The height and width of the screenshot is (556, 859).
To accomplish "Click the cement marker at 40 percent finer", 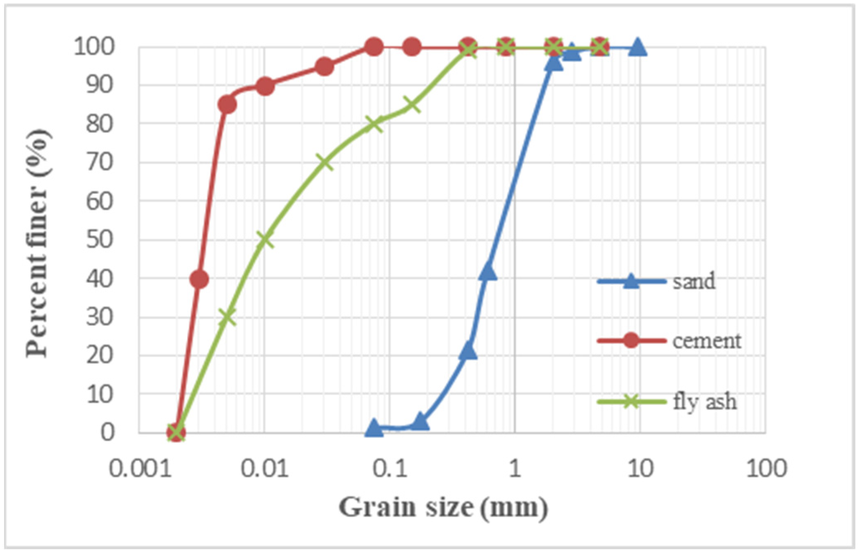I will [199, 279].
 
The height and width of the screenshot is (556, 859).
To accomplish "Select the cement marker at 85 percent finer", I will [227, 104].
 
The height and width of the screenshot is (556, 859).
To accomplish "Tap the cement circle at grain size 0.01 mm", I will [265, 86].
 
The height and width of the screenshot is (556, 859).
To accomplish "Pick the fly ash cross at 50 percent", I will [265, 239].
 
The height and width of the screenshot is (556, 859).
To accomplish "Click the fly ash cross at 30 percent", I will [227, 317].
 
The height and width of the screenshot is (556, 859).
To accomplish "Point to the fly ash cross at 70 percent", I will [325, 162].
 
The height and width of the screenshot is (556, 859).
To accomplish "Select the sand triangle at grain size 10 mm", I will [638, 47].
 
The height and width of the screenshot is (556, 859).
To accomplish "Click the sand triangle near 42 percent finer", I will [488, 272].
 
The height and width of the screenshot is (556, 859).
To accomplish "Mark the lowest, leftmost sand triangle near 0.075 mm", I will [374, 428].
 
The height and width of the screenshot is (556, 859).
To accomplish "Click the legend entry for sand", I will [694, 282].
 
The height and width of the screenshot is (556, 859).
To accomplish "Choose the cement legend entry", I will [707, 341].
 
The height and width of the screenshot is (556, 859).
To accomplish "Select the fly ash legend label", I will [705, 401].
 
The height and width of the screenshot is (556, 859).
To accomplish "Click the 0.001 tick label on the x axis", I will [140, 469].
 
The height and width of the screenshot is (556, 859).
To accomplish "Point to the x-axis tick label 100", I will [765, 469].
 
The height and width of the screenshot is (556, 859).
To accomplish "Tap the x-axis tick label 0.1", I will [390, 469].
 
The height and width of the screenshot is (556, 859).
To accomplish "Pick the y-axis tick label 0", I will [106, 432].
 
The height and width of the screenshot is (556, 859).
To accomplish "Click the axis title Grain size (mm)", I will [443, 507].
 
